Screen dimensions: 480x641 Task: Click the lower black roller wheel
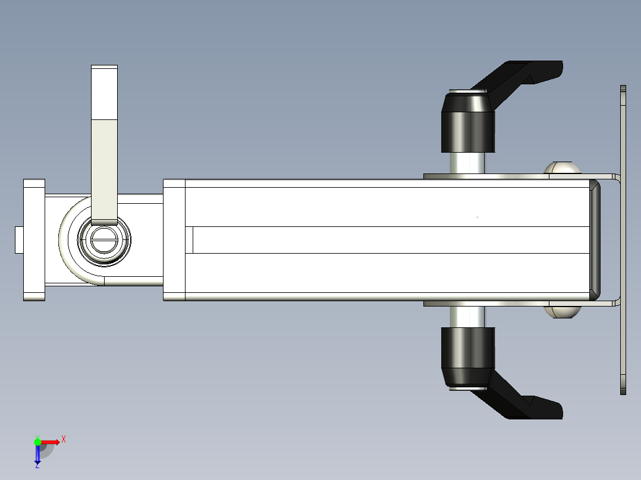(x=467, y=356)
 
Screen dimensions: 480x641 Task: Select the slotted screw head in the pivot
(x=104, y=240)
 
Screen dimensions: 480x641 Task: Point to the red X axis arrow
(x=51, y=441)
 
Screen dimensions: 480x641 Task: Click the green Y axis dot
(x=37, y=441)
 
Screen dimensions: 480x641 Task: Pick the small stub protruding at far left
(x=19, y=240)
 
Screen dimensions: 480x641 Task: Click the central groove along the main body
(x=387, y=240)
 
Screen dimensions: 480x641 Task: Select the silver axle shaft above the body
(x=467, y=162)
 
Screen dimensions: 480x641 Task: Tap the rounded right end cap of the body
(x=595, y=240)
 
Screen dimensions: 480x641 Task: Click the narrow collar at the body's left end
(x=174, y=240)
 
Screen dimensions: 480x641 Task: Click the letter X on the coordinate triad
(x=63, y=439)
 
